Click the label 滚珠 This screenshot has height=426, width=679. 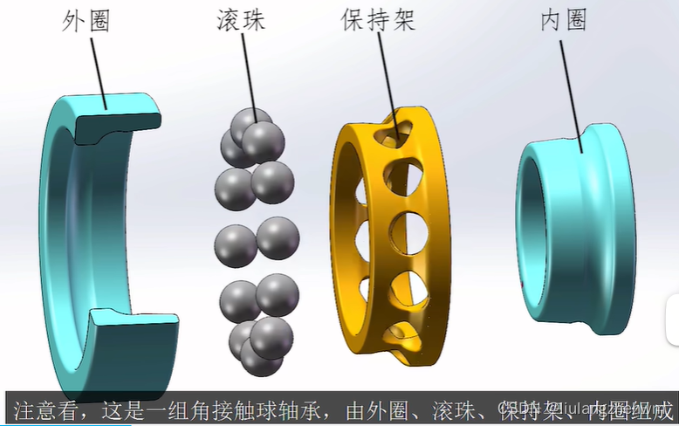tap(241, 21)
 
